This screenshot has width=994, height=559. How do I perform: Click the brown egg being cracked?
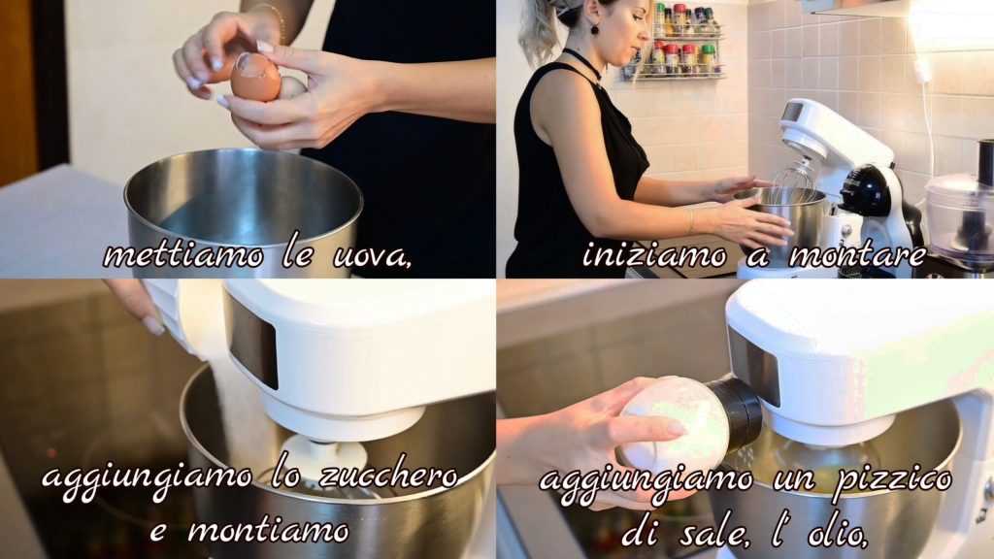tap(255, 77)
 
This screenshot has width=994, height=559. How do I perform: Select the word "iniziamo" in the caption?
tap(654, 255)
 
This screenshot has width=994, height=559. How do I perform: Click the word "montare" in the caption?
tap(857, 255)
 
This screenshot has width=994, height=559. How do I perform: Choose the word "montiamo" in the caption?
tap(268, 530)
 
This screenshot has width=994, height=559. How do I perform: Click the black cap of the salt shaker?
tap(736, 411)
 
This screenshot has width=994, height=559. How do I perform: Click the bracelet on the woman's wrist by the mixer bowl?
tap(690, 222)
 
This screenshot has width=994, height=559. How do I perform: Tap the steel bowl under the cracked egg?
tap(244, 210)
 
